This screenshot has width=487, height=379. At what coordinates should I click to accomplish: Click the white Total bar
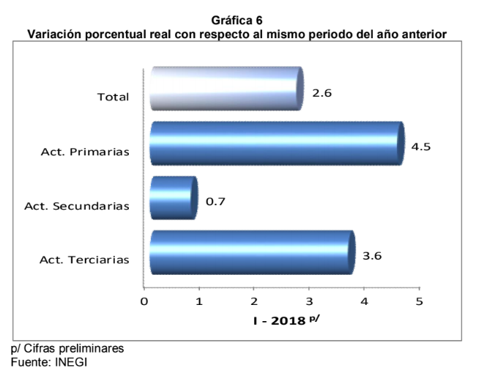pos(226,89)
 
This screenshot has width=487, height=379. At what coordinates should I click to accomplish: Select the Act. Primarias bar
pos(276,144)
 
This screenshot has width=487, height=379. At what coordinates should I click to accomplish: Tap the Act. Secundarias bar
pos(173,198)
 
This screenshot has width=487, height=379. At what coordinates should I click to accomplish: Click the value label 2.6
pos(322,93)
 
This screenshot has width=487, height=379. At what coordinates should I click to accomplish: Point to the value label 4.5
pos(421,147)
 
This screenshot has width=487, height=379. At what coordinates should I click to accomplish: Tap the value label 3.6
pos(372,255)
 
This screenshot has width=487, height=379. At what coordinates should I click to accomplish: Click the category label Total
pos(113,97)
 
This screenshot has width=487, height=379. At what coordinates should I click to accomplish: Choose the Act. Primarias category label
pos(86,152)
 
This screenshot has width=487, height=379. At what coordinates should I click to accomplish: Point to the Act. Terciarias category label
pos(85,260)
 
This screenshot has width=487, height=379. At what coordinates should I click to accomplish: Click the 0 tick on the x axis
pos(144,301)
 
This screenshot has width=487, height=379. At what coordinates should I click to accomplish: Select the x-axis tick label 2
pos(254,301)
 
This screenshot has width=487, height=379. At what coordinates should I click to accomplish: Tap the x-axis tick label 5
pos(419,301)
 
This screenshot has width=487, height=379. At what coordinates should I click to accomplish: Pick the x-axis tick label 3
pos(309,301)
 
